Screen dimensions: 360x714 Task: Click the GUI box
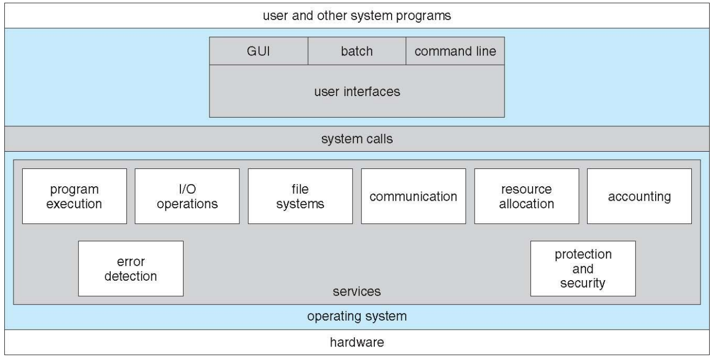(x=258, y=51)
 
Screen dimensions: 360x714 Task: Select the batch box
(x=356, y=51)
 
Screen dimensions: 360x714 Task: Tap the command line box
(x=455, y=51)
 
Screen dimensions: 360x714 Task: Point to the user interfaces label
(x=357, y=91)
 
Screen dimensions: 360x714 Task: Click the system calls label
(x=357, y=139)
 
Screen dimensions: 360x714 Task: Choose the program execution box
(x=75, y=196)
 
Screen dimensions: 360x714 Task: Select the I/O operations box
(x=187, y=196)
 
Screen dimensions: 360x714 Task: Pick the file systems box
(x=301, y=196)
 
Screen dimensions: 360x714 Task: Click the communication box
(x=413, y=196)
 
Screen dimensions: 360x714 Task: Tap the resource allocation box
(x=527, y=196)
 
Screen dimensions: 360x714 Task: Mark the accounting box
(x=639, y=196)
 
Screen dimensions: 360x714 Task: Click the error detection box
(x=131, y=269)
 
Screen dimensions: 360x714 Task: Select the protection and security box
(x=583, y=268)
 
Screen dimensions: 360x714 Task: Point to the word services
(x=356, y=292)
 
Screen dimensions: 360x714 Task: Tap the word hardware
(x=357, y=342)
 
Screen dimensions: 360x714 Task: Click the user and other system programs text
(x=357, y=16)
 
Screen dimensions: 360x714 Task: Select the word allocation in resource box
(x=527, y=204)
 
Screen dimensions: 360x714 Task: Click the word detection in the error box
(x=131, y=276)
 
